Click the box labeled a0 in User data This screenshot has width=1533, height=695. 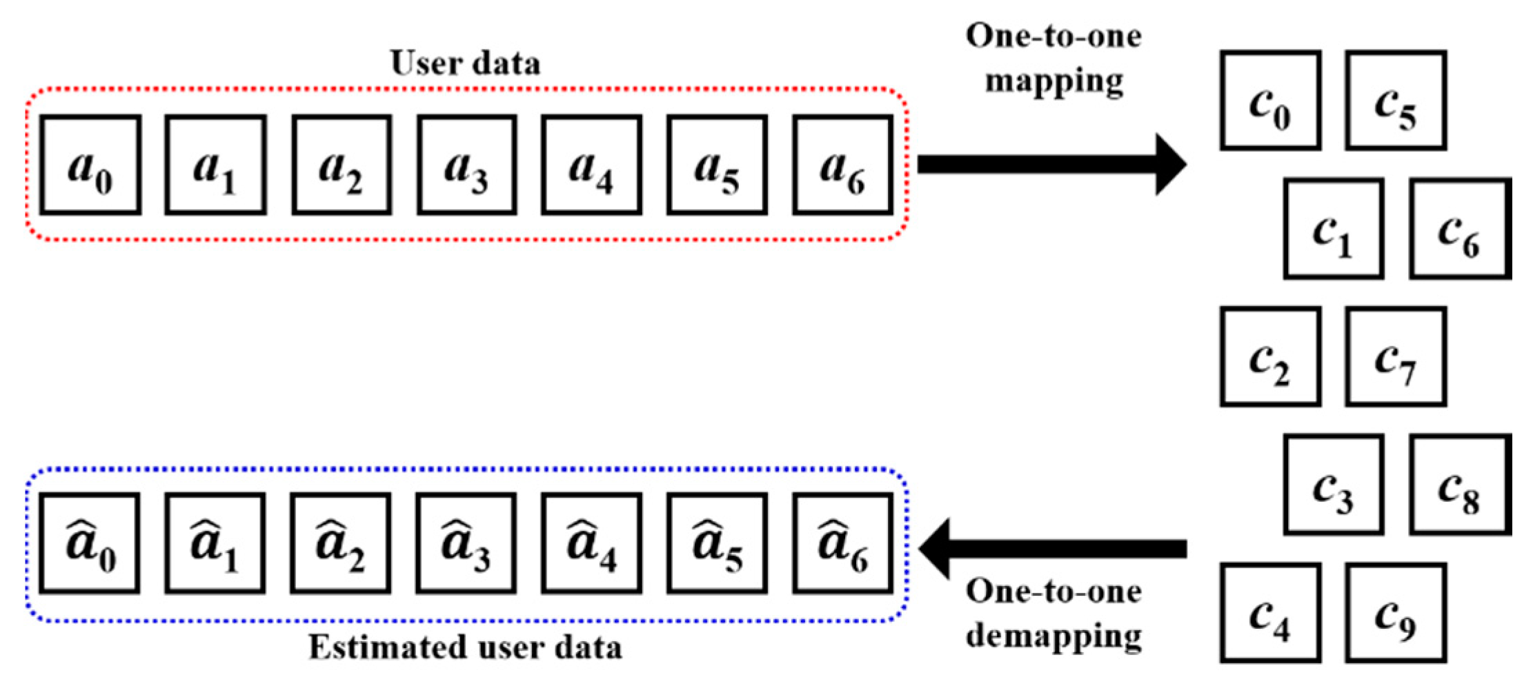tap(90, 165)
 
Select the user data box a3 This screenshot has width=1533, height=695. tap(467, 165)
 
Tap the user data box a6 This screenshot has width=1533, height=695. tap(842, 165)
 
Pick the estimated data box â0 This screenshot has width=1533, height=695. tap(90, 543)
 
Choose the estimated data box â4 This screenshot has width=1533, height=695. tap(591, 543)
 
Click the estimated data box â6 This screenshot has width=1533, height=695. tap(842, 543)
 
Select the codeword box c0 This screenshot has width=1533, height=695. tap(1270, 101)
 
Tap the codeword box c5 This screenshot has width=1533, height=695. tap(1396, 101)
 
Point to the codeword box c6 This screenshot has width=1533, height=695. tap(1459, 229)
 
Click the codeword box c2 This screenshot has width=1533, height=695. tap(1270, 356)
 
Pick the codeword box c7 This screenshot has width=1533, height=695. tap(1396, 356)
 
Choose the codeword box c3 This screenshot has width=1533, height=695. tap(1334, 485)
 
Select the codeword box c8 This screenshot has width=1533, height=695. tap(1459, 485)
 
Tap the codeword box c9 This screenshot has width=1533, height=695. tap(1396, 613)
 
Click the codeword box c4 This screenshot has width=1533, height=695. tap(1270, 613)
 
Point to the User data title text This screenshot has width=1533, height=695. tap(465, 63)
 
